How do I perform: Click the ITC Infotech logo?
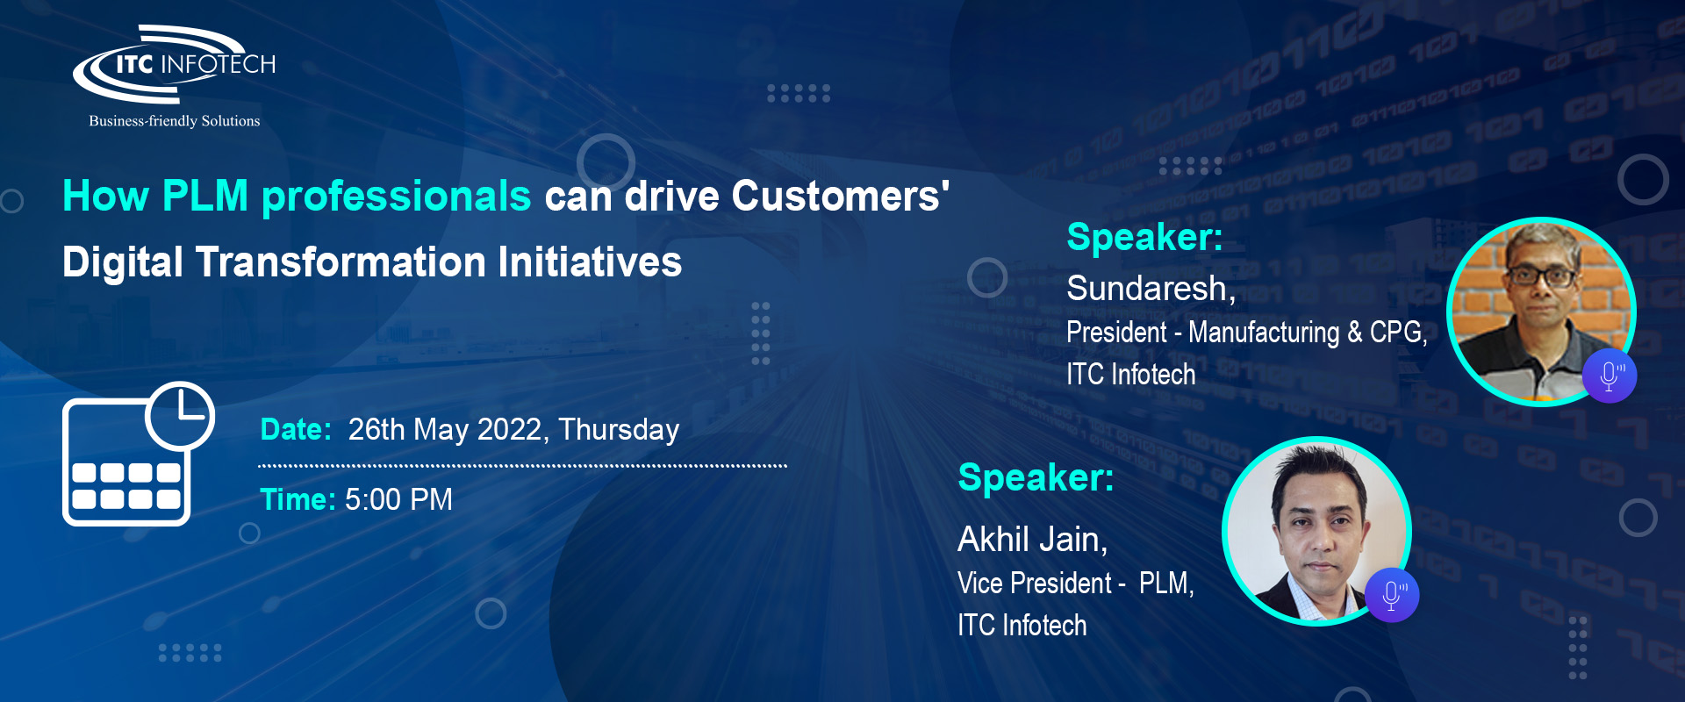click(174, 64)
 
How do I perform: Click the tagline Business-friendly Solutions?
click(175, 121)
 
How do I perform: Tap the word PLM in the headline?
click(205, 196)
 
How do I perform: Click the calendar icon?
click(138, 454)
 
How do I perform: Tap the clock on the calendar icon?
click(180, 415)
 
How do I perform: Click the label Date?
click(296, 429)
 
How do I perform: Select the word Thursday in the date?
click(619, 430)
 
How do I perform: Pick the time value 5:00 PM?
click(398, 499)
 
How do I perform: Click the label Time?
click(298, 499)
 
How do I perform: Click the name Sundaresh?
click(1147, 288)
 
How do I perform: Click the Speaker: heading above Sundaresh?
click(1144, 237)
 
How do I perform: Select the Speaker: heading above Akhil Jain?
click(1036, 477)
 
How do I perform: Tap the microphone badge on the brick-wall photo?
click(1610, 376)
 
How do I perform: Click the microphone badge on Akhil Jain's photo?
click(1392, 595)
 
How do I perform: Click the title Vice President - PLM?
click(1074, 583)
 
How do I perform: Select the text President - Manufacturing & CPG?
click(1245, 333)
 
